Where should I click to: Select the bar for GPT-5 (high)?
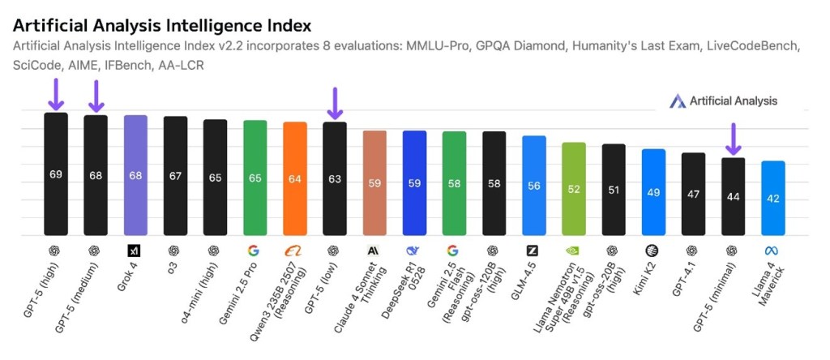[x=56, y=174]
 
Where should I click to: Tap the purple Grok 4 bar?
[x=135, y=175]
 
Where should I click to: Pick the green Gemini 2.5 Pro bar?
[x=255, y=178]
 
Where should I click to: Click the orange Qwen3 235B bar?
[x=295, y=178]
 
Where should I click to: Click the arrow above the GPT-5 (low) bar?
[x=334, y=103]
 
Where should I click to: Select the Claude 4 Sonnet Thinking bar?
[x=374, y=182]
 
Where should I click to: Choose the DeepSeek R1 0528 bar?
[x=414, y=182]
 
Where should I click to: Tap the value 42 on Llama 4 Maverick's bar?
[x=773, y=199]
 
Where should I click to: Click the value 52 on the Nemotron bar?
[x=574, y=189]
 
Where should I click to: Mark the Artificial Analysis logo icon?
[x=678, y=101]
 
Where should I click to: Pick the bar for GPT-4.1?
[x=693, y=194]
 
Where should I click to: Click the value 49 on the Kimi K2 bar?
[x=653, y=192]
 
